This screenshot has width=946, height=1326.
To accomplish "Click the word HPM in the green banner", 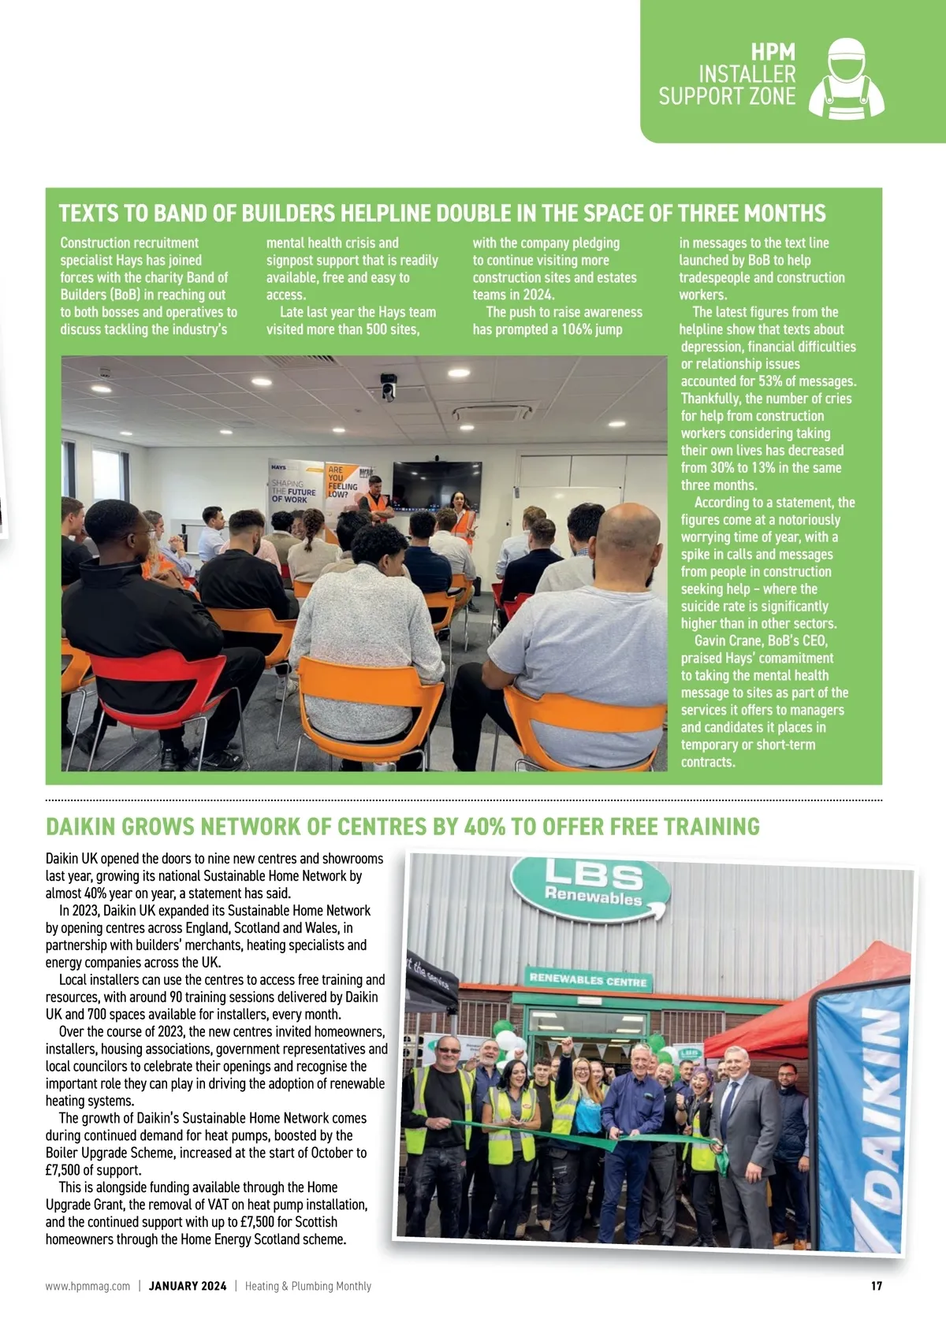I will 773,53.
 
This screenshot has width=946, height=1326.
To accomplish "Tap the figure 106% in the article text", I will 577,329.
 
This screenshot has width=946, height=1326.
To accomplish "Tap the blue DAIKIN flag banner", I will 862,1119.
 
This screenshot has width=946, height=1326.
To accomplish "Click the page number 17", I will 876,1286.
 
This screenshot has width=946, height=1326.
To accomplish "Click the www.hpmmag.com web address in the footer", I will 88,1286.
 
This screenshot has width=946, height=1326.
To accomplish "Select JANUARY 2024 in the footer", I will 188,1286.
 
